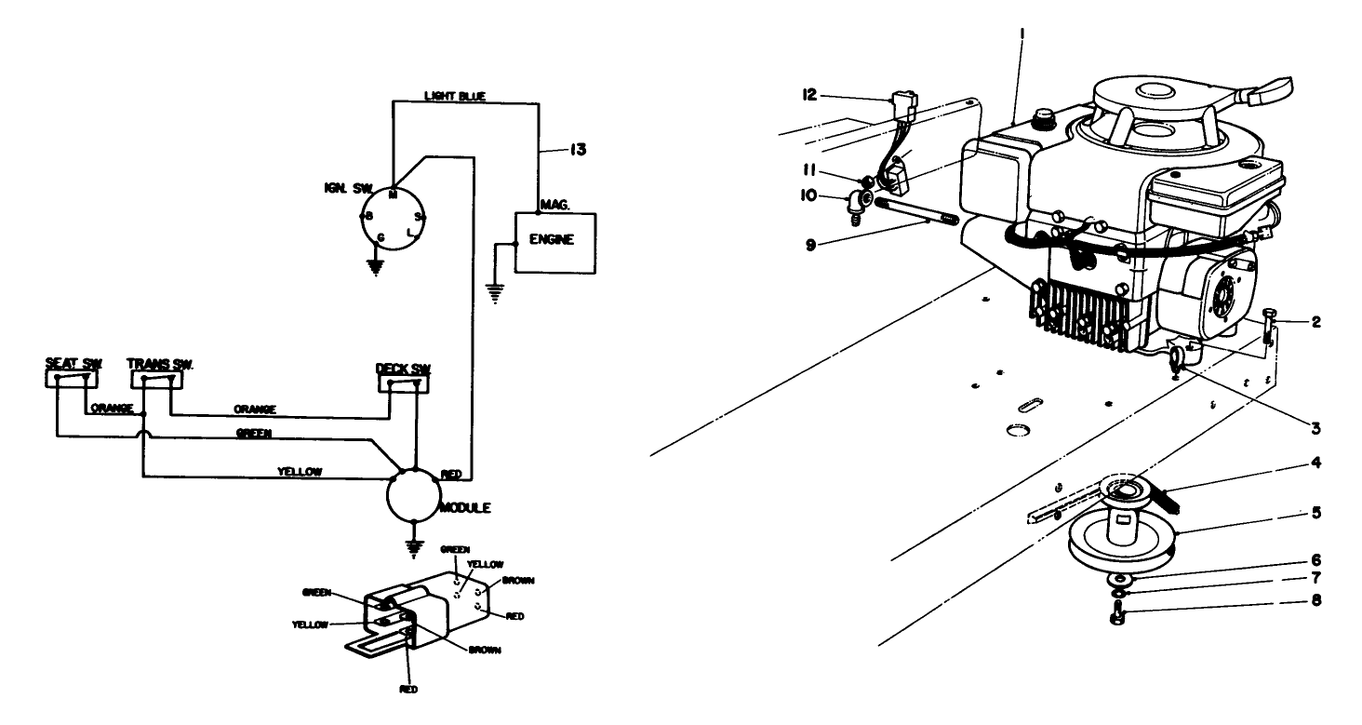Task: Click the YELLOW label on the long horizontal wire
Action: (300, 472)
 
